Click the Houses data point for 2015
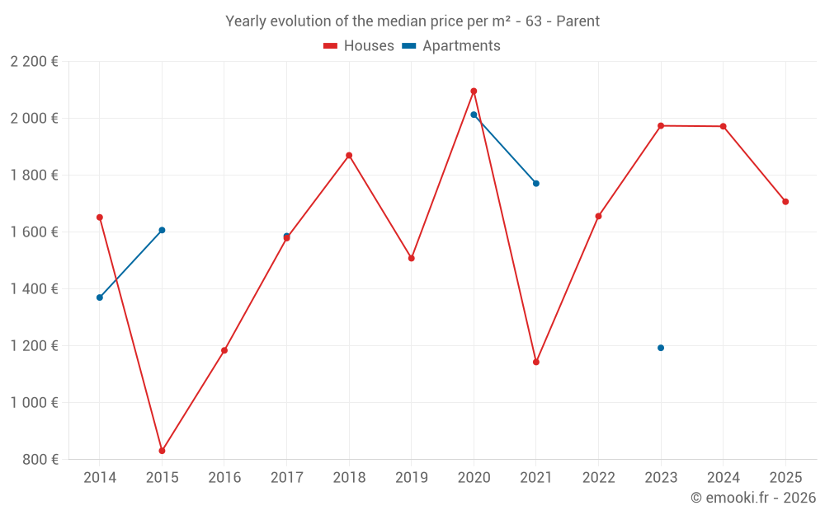tap(162, 451)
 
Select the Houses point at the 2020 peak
tap(474, 91)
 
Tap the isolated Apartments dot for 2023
tap(661, 348)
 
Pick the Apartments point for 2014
tap(100, 297)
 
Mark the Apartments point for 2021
tap(536, 183)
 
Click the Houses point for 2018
tap(349, 155)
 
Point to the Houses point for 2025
tap(785, 202)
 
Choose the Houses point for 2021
tap(536, 362)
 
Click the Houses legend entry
tap(359, 46)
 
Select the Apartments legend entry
tap(451, 46)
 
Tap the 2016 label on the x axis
tap(224, 478)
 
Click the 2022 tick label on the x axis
tap(598, 478)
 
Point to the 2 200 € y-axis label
tap(34, 62)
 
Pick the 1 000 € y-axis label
tap(34, 403)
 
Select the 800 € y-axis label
tap(39, 460)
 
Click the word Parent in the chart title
tap(577, 21)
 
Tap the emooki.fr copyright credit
tap(753, 498)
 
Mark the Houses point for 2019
tap(412, 258)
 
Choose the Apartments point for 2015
tap(162, 230)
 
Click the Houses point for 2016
tap(224, 350)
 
